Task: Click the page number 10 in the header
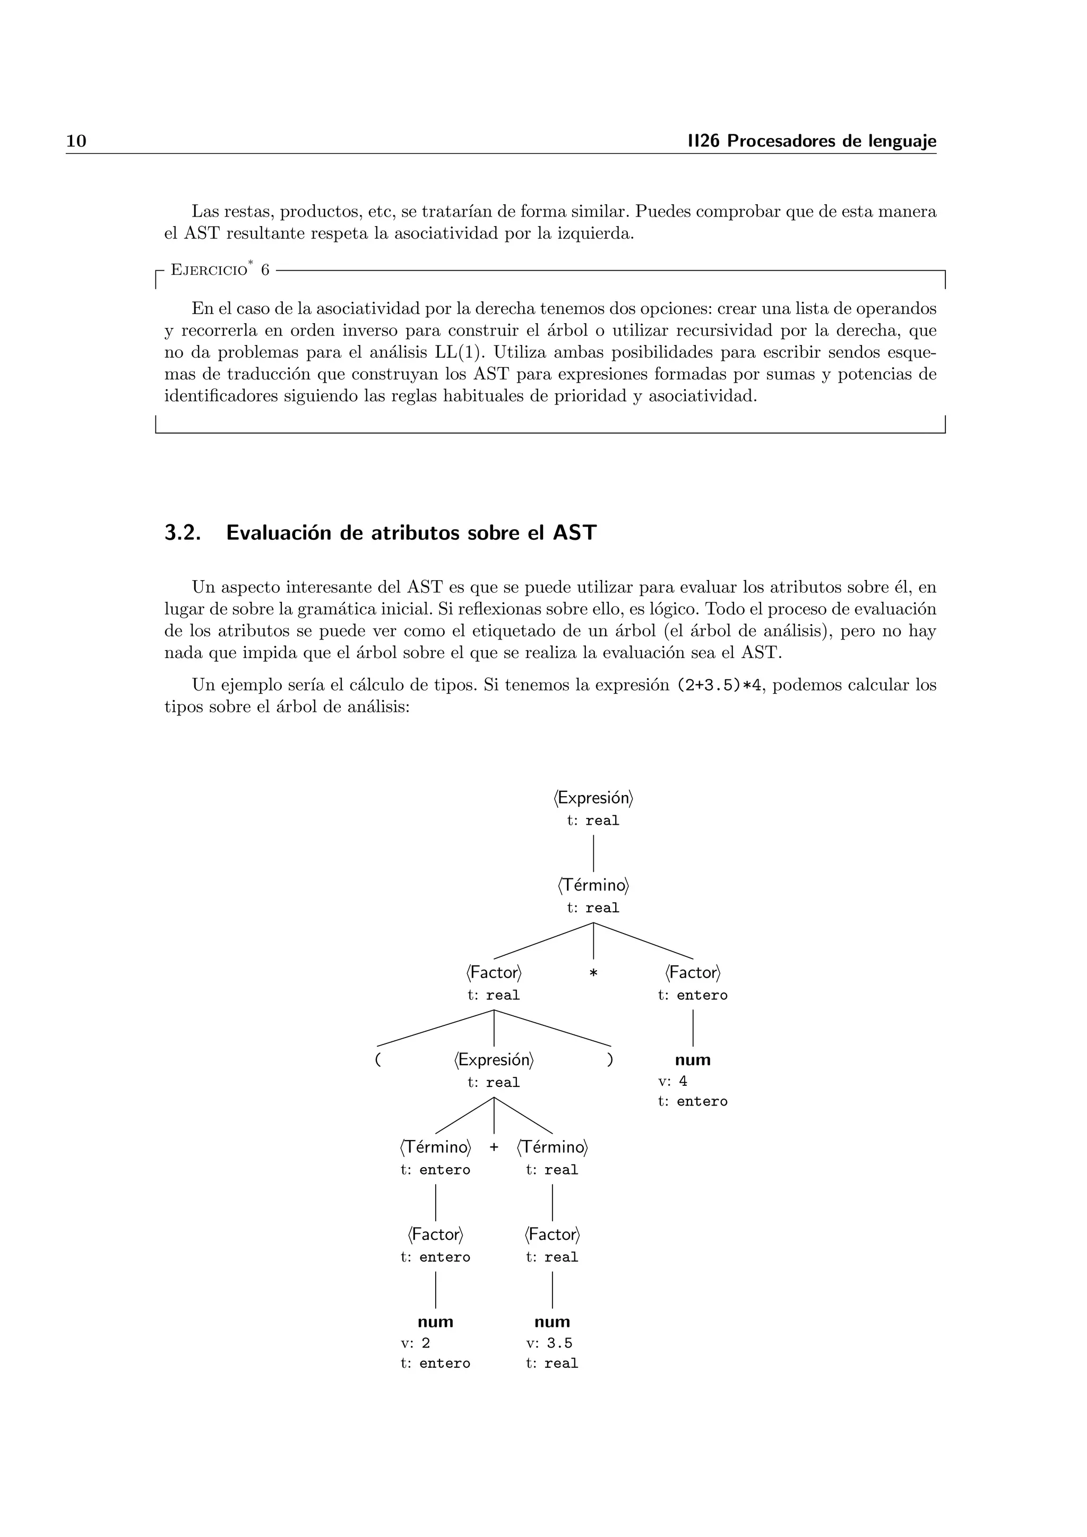tap(76, 141)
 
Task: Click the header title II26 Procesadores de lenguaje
tap(812, 141)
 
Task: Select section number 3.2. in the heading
tap(183, 533)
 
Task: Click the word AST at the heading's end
tap(574, 533)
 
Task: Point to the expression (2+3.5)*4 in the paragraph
tap(719, 686)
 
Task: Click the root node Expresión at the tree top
tap(593, 798)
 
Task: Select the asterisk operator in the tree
tap(593, 973)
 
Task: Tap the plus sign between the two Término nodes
tap(494, 1147)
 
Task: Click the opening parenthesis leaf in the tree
tap(378, 1060)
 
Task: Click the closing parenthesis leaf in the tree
tap(610, 1060)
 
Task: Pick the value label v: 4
tap(672, 1081)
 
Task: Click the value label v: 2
tap(416, 1343)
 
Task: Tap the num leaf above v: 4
tap(693, 1060)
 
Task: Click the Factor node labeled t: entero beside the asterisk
tap(693, 973)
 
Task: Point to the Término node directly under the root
tap(593, 886)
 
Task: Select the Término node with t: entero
tap(436, 1147)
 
